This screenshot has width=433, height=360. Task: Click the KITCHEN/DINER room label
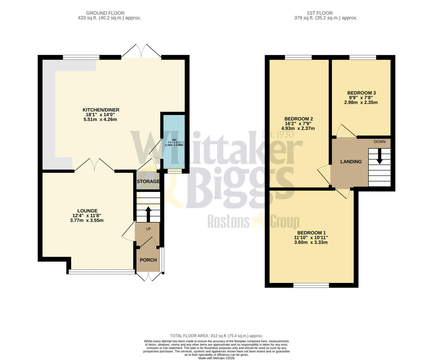point(101,110)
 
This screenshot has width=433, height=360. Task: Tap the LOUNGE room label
point(87,211)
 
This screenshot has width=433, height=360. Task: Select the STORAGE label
point(148,182)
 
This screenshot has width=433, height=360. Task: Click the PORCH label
point(148,260)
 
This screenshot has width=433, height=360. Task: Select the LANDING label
point(351,162)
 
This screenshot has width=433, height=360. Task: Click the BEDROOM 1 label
point(311,233)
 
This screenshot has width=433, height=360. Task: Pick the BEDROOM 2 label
point(298,119)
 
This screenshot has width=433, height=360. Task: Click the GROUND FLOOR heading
point(105,13)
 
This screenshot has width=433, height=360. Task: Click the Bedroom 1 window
point(311,285)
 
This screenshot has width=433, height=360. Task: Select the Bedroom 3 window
point(363,57)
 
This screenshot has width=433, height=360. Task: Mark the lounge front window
point(101,272)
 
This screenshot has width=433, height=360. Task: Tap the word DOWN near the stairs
point(379,142)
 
